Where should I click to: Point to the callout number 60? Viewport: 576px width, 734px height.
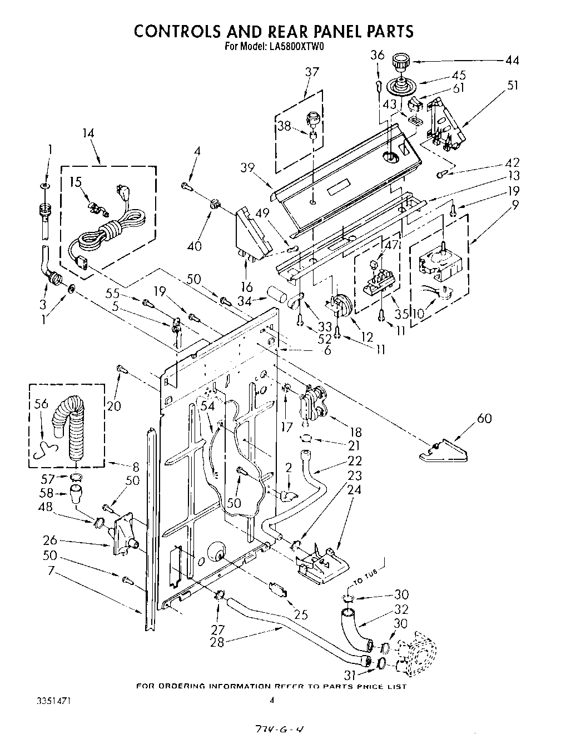click(484, 418)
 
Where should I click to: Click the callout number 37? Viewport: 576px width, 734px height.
click(312, 72)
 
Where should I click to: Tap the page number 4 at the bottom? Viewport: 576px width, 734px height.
click(272, 701)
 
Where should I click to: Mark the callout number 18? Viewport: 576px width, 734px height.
click(354, 432)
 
